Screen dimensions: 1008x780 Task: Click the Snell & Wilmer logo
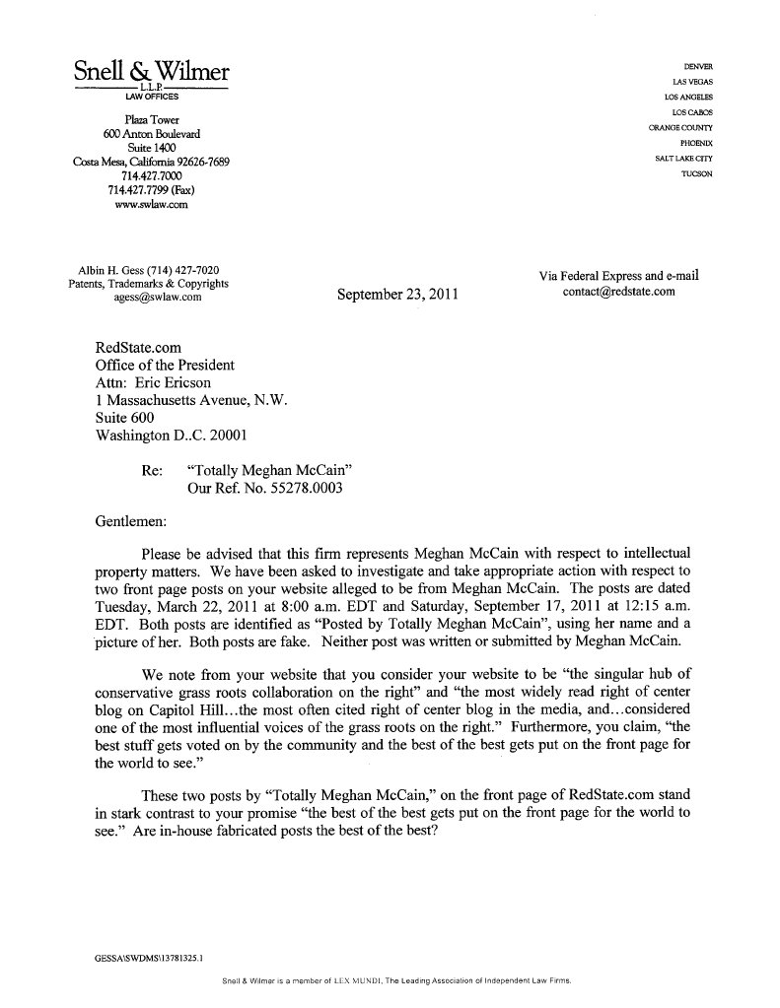click(x=151, y=71)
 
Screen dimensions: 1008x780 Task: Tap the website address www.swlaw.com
click(x=151, y=205)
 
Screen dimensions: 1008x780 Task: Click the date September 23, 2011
click(x=396, y=294)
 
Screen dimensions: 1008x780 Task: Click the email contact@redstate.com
click(x=618, y=292)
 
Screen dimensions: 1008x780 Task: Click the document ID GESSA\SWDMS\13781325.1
click(x=143, y=956)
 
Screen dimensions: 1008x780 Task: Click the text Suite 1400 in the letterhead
click(x=152, y=147)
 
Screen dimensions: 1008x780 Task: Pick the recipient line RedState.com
click(x=138, y=348)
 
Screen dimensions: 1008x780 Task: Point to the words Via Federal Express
click(x=589, y=276)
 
